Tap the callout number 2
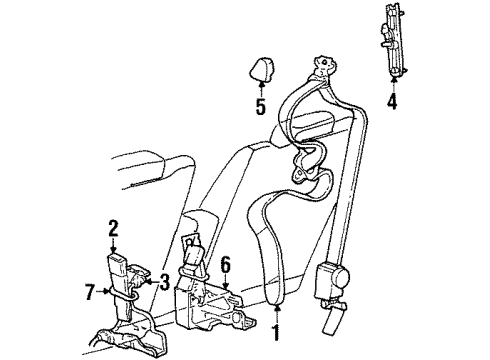[x=113, y=228]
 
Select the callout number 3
[x=164, y=282]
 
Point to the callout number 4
[x=392, y=101]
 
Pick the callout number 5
[x=261, y=107]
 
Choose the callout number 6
[x=226, y=265]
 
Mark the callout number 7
[x=89, y=292]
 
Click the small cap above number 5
[x=262, y=69]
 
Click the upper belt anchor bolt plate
[x=323, y=66]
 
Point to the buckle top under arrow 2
[x=116, y=259]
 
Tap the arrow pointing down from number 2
[x=113, y=245]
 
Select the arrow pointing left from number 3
[x=152, y=282]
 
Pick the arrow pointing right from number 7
[x=102, y=291]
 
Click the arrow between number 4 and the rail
[x=393, y=85]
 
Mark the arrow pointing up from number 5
[x=262, y=89]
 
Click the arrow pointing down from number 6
[x=226, y=282]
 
